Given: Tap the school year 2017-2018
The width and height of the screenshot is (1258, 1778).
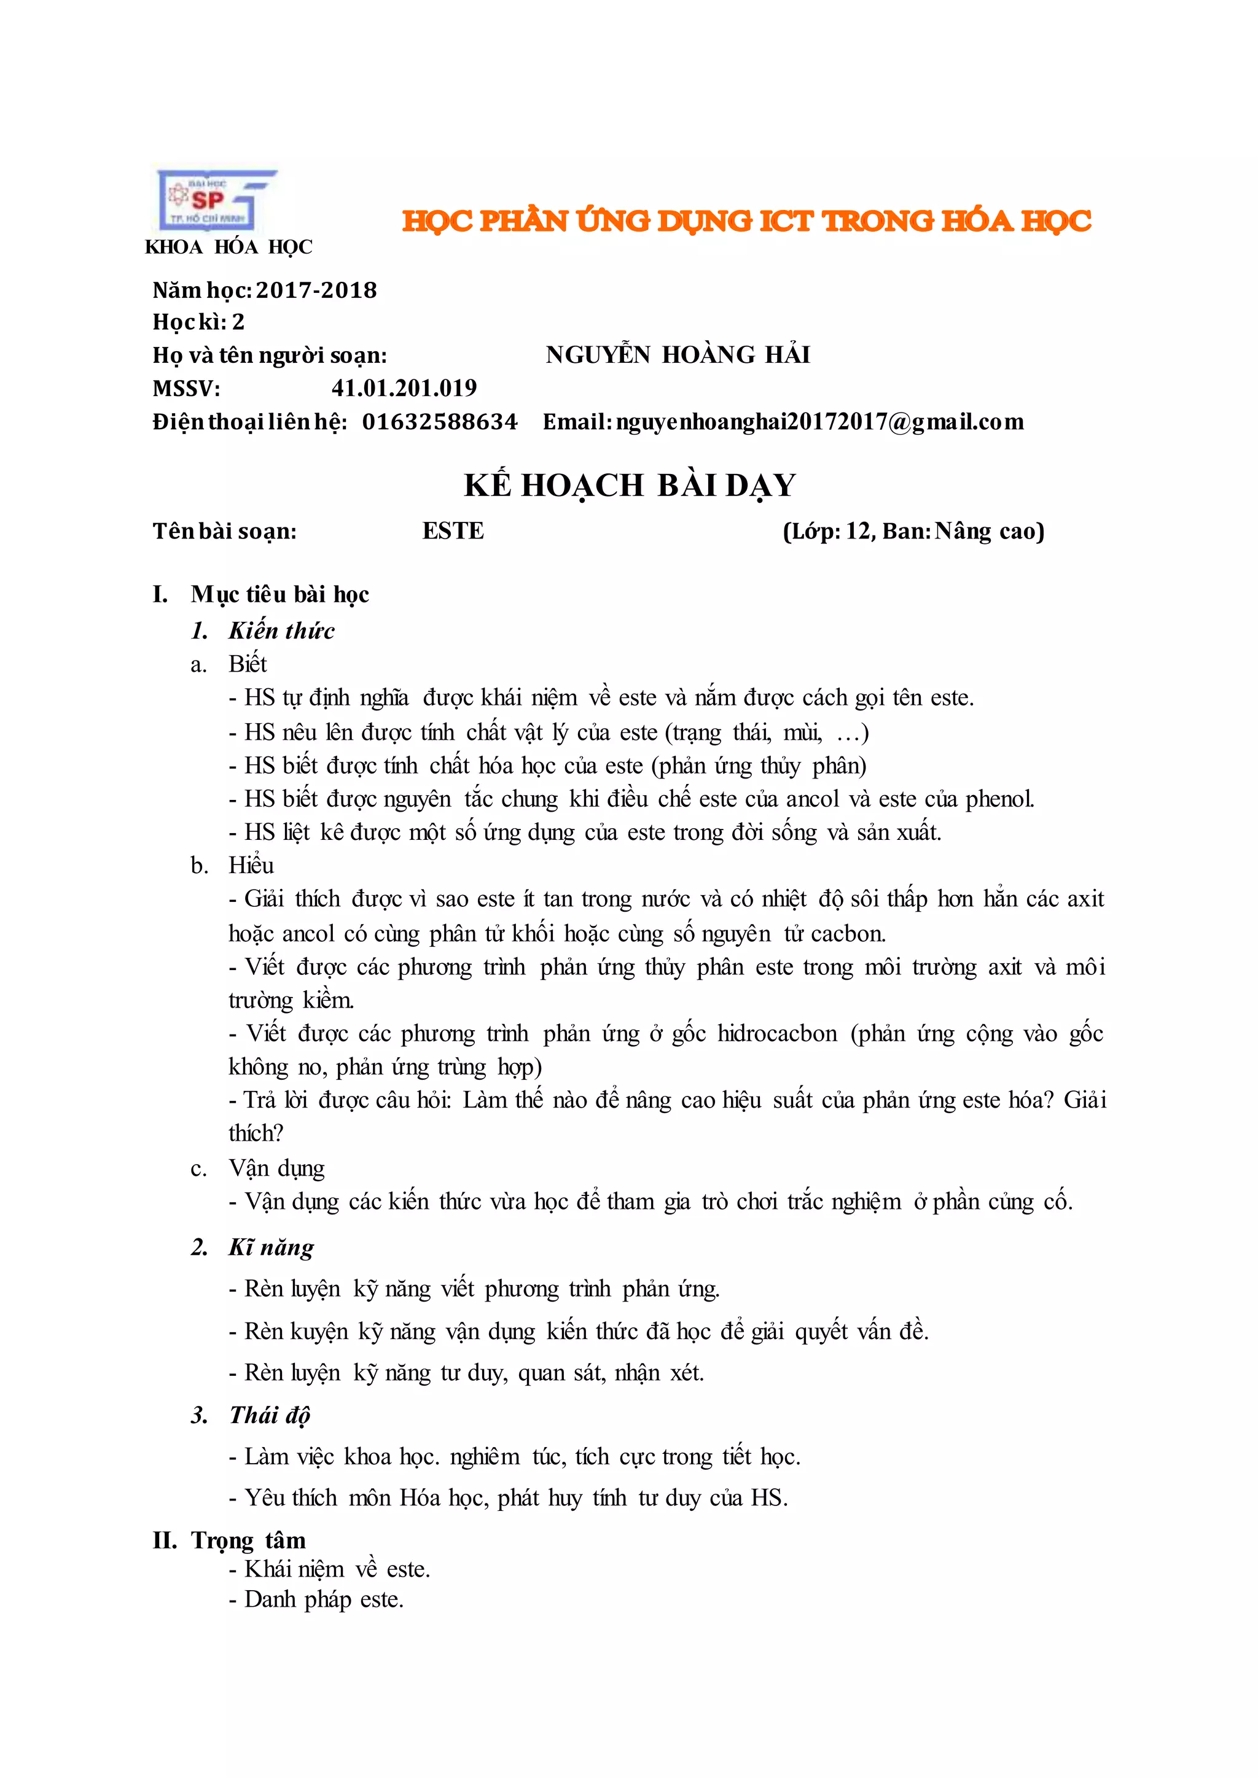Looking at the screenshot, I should pos(316,290).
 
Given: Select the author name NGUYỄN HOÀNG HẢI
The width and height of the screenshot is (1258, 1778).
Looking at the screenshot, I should pos(678,355).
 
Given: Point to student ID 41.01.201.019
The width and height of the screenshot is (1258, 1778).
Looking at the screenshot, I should pos(404,388).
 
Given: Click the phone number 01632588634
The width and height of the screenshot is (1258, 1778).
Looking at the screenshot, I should pos(439,422).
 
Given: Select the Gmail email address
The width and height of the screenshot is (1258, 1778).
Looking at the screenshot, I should pos(819,422).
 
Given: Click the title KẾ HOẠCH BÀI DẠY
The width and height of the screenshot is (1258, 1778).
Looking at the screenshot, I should pos(630,486).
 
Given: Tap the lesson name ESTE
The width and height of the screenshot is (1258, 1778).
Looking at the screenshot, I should pos(453,531).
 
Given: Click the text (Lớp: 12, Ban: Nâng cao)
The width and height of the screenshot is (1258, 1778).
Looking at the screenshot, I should pos(913,531).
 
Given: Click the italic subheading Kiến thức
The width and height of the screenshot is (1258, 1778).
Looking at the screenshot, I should pos(281,631).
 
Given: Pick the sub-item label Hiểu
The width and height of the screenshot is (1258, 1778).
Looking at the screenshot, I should pos(251,866).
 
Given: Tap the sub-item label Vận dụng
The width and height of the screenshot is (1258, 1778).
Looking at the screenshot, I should pos(276,1168).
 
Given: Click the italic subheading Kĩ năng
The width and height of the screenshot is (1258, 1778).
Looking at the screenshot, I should pos(271,1248).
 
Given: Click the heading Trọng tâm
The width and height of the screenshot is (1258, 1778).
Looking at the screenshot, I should pos(248,1540).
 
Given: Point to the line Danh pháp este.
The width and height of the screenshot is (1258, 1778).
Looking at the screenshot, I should pos(324,1600).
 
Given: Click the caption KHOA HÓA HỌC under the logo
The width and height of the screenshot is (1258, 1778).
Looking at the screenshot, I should pos(229,247).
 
